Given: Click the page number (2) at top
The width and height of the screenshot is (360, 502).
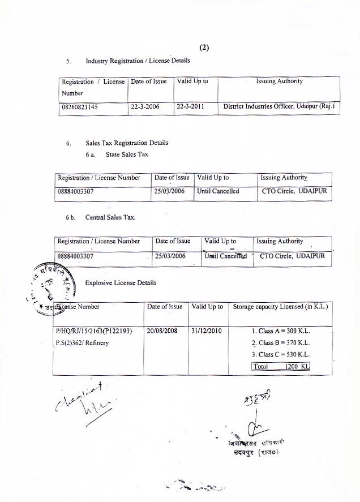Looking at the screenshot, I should pos(204,48).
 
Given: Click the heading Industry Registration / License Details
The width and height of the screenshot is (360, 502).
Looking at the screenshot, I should pos(138,61).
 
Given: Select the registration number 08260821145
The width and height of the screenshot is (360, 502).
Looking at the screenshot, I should pos(79,106).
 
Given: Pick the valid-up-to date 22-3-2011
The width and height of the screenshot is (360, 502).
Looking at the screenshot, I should pos(191,106).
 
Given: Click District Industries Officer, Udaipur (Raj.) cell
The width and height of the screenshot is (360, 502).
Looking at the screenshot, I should pos(279,106).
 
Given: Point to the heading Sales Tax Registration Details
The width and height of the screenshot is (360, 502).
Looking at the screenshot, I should pos(127,143).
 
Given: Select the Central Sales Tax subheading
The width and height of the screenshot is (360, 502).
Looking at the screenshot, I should pos(110,217).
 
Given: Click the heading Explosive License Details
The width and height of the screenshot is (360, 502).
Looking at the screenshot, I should pos(121,282).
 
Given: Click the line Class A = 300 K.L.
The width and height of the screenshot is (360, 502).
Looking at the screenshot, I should pos(281,331).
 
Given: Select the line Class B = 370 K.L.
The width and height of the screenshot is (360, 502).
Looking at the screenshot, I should pos(281,343).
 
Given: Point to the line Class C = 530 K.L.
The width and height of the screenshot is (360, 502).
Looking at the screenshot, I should pos(281,354).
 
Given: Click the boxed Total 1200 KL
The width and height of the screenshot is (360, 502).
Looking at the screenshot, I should pos(281,366).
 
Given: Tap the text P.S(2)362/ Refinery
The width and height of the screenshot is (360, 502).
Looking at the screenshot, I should pos(83,342).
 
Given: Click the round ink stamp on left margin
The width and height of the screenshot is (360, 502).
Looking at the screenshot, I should pos(51,286).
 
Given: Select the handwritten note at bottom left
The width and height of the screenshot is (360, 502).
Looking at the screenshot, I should pos(85,401).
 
